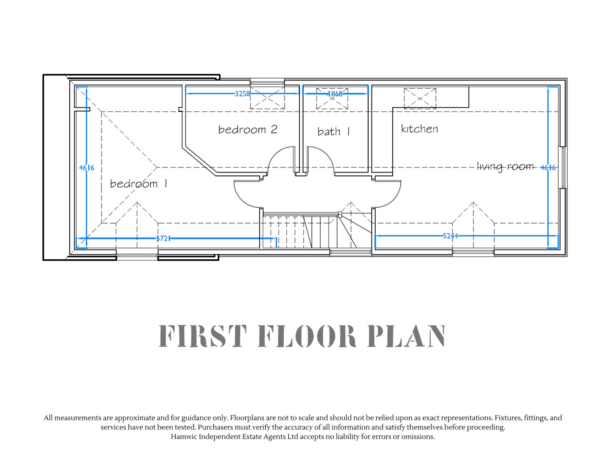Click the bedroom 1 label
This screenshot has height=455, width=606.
[138, 184]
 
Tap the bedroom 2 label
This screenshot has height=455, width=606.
[248, 129]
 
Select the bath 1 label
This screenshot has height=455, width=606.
[334, 131]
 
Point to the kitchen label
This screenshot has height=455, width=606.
[419, 129]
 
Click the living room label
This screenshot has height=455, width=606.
[505, 167]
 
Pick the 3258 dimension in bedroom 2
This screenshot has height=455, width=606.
[242, 94]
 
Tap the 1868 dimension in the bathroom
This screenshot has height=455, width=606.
[335, 94]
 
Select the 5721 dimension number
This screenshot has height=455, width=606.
[163, 238]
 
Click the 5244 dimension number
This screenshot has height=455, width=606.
[450, 235]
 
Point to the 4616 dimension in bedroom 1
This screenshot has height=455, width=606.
[86, 168]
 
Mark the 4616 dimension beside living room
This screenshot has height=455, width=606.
[548, 168]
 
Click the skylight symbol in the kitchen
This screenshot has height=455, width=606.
[420, 98]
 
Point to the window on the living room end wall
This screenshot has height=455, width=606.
[563, 168]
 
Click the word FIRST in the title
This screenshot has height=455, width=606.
[203, 336]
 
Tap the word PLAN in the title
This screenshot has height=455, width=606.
[406, 336]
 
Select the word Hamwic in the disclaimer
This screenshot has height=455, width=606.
[184, 436]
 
